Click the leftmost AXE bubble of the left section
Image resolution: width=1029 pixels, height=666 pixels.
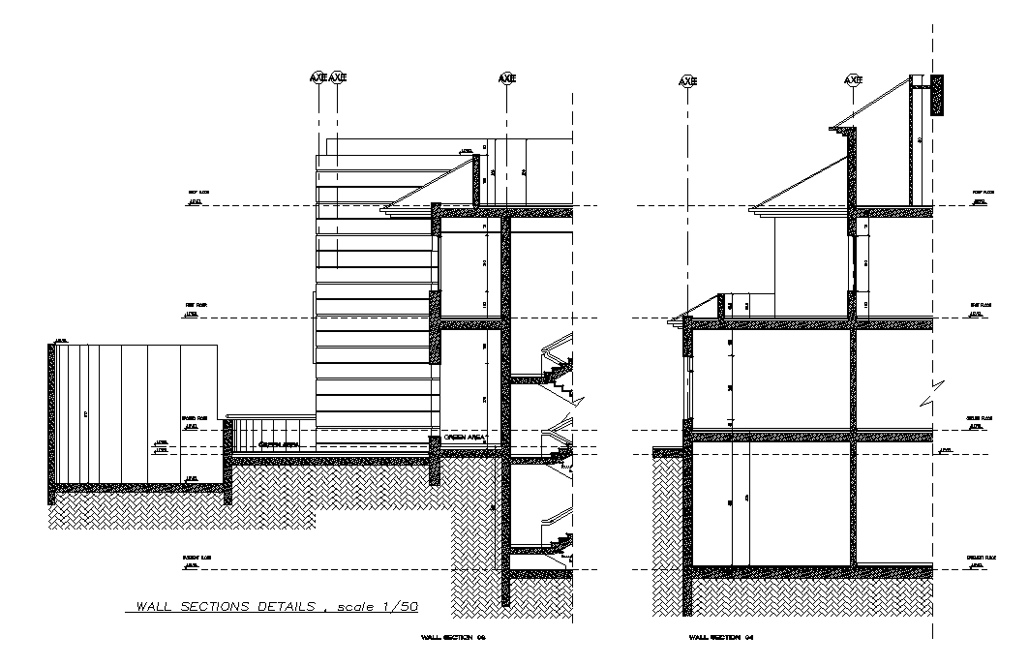318,77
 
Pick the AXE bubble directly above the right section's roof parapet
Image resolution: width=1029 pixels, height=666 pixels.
853,80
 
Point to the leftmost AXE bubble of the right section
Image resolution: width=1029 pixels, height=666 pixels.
687,81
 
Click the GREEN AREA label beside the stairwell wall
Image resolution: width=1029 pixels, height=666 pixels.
465,438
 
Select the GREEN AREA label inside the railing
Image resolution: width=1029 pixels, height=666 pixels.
278,444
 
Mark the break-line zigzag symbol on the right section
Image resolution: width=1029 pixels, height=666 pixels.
932,392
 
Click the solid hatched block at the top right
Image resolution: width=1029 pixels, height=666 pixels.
937,95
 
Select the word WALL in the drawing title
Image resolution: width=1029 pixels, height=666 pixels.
154,607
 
